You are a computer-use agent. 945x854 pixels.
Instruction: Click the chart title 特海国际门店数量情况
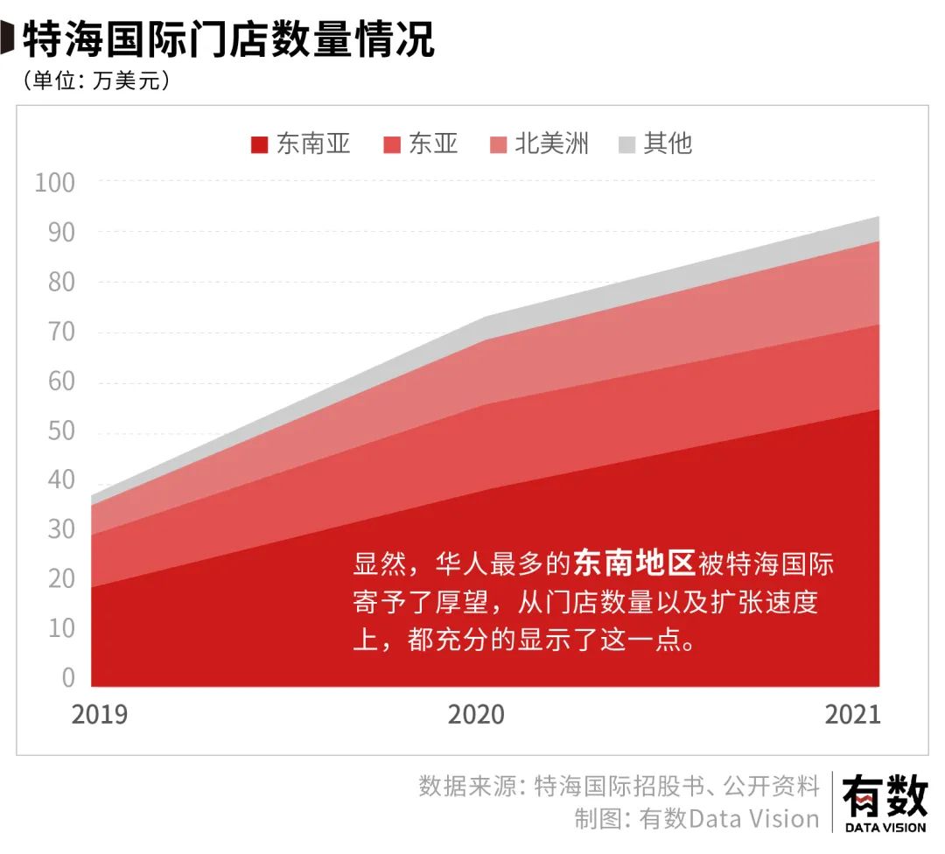coord(227,39)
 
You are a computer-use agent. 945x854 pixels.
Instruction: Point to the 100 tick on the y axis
coord(55,183)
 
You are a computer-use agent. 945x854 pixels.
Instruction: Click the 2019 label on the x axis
coord(99,715)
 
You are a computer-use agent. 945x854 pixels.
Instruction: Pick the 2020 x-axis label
coord(476,715)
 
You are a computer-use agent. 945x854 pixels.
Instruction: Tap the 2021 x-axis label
coord(852,715)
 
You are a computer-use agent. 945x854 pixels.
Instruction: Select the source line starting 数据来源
coord(619,786)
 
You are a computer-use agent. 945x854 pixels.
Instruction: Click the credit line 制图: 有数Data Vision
coord(696,819)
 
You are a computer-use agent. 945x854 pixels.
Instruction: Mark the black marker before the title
coord(7,39)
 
